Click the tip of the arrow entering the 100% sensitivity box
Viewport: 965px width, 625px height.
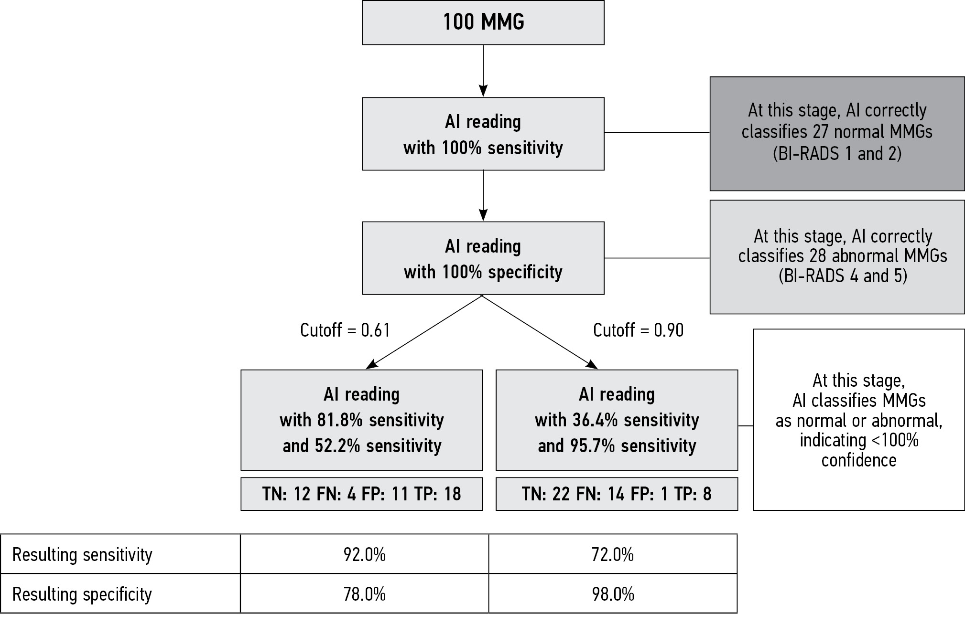tap(483, 97)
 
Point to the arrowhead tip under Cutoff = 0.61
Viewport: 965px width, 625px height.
tap(366, 369)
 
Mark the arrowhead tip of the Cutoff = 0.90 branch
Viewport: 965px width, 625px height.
tap(598, 369)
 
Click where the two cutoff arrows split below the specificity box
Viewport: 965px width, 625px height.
tap(482, 296)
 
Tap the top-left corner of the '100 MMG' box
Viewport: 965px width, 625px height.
tap(362, 1)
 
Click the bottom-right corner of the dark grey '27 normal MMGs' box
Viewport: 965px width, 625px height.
tap(964, 191)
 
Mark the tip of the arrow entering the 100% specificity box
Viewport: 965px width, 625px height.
tap(483, 221)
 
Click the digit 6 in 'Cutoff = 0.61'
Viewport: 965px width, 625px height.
tap(376, 330)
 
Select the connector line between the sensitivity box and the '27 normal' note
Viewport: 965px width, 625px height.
tap(657, 133)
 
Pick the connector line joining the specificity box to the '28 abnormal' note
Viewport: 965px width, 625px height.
tap(657, 258)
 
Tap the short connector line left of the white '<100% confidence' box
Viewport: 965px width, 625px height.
tap(746, 425)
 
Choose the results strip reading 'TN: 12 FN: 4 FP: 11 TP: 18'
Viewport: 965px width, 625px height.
tap(362, 494)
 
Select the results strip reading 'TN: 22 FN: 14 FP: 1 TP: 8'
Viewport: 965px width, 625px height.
tap(617, 494)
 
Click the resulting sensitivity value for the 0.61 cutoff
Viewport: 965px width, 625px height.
tap(364, 554)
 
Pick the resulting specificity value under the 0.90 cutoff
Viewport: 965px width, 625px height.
tap(613, 594)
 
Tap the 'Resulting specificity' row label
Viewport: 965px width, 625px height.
tap(82, 594)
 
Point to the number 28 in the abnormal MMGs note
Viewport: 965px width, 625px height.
tap(818, 256)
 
